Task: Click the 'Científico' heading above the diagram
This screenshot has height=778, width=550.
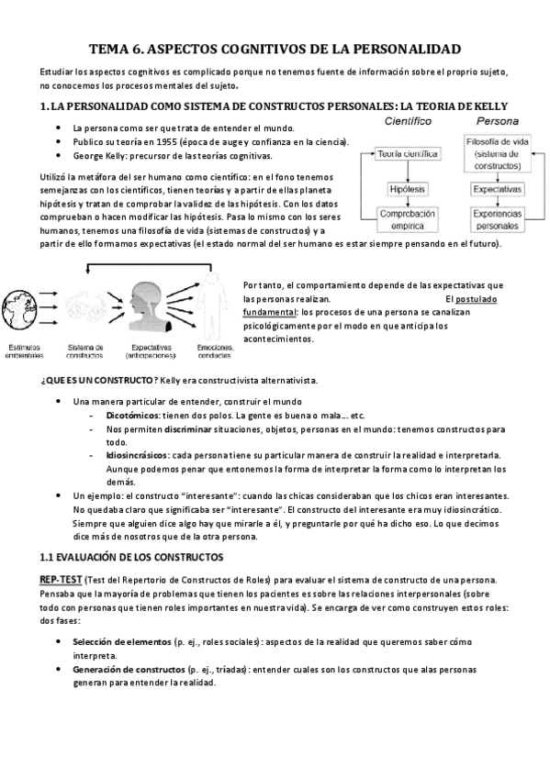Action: tap(408, 120)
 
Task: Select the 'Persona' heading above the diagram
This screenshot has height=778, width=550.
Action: tap(497, 120)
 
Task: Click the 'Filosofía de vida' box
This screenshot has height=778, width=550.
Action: tap(497, 153)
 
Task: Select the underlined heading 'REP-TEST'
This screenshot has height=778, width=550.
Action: tap(61, 581)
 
